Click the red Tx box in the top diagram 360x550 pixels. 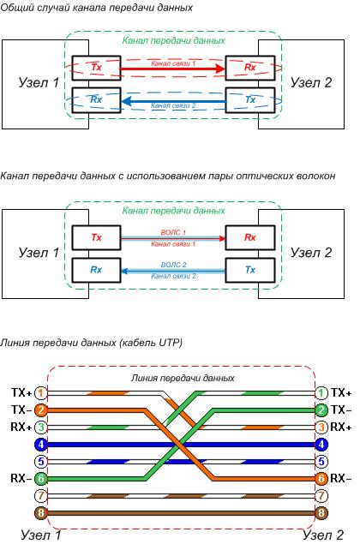pyautogui.click(x=96, y=65)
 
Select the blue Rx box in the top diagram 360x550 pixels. pyautogui.click(x=96, y=100)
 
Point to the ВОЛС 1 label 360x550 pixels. pyautogui.click(x=173, y=231)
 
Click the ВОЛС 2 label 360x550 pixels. pyautogui.click(x=173, y=265)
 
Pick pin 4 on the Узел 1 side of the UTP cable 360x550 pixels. pyautogui.click(x=40, y=445)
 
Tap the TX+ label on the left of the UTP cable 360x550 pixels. pyautogui.click(x=21, y=392)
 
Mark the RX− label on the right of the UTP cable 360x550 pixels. pyautogui.click(x=342, y=478)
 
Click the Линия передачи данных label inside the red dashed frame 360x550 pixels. pyautogui.click(x=182, y=377)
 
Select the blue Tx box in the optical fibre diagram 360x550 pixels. pyautogui.click(x=249, y=269)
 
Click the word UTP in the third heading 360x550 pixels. pyautogui.click(x=167, y=342)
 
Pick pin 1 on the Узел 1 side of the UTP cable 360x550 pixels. pyautogui.click(x=40, y=392)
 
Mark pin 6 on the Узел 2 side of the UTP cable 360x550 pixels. pyautogui.click(x=321, y=479)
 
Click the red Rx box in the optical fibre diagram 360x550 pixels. pyautogui.click(x=249, y=236)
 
